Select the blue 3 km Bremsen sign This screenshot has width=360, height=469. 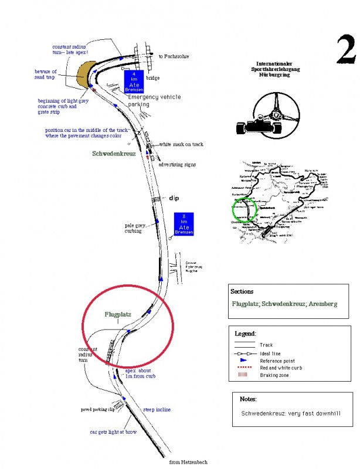point(184,223)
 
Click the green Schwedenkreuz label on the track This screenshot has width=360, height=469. point(114,154)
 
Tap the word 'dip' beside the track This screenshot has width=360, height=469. point(174,198)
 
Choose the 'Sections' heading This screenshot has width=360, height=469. point(242,291)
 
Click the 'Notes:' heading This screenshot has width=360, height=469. point(249,399)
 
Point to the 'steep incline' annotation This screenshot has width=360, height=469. point(157,409)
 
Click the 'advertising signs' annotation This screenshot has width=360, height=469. point(178,165)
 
